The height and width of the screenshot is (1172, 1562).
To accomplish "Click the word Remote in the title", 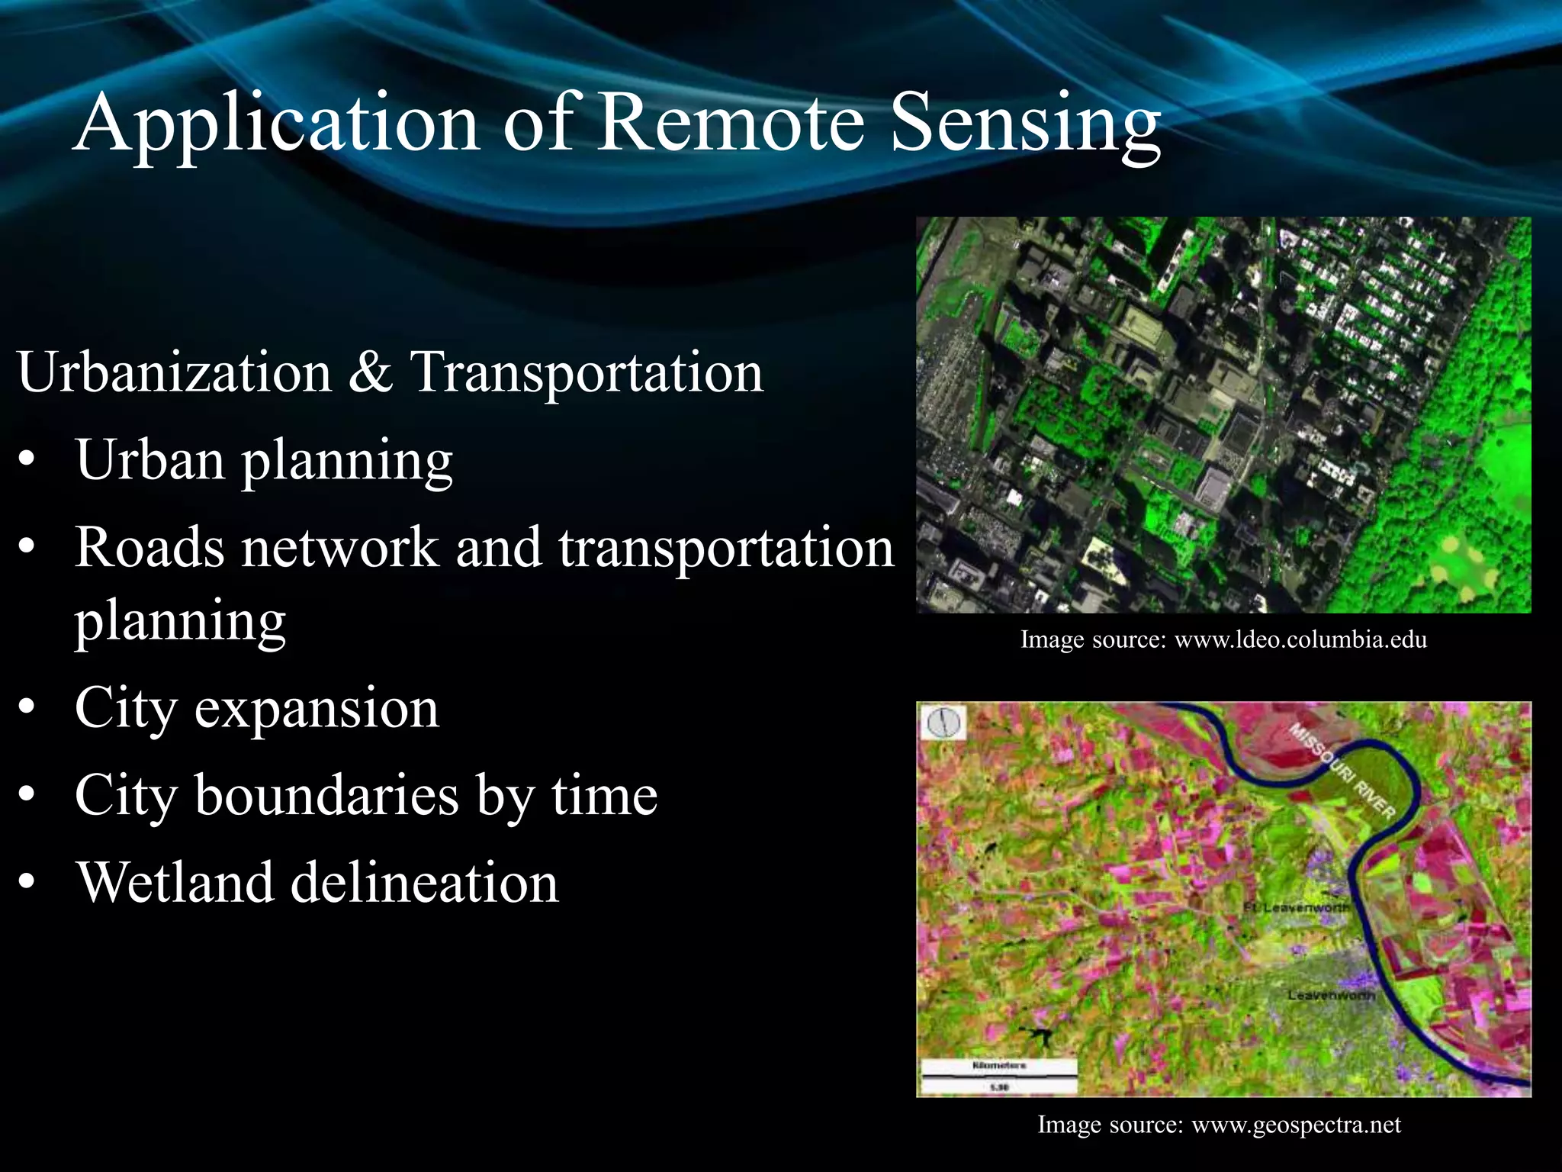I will pyautogui.click(x=731, y=122).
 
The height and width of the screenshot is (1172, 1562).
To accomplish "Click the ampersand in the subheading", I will pyautogui.click(x=371, y=372).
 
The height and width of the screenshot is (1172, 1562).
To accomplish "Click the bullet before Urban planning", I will pyautogui.click(x=28, y=462).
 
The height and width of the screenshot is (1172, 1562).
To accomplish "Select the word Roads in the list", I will pyautogui.click(x=149, y=547).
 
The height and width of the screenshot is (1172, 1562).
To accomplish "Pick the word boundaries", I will pyautogui.click(x=327, y=795).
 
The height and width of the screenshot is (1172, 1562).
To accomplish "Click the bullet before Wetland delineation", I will pyautogui.click(x=28, y=884).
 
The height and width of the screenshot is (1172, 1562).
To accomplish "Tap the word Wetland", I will pyautogui.click(x=173, y=882).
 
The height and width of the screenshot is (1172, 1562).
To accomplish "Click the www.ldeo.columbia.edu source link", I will pyautogui.click(x=1300, y=639).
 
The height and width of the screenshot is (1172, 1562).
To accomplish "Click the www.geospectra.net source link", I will pyautogui.click(x=1296, y=1125).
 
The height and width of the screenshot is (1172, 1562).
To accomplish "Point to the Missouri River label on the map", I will pyautogui.click(x=1342, y=771).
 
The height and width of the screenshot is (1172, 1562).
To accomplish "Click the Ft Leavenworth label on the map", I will pyautogui.click(x=1296, y=908).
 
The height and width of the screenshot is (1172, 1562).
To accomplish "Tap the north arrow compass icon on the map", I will pyautogui.click(x=945, y=722).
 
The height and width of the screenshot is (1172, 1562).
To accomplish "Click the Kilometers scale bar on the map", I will pyautogui.click(x=999, y=1075).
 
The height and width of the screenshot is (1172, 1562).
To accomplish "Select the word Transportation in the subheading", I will pyautogui.click(x=587, y=372).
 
